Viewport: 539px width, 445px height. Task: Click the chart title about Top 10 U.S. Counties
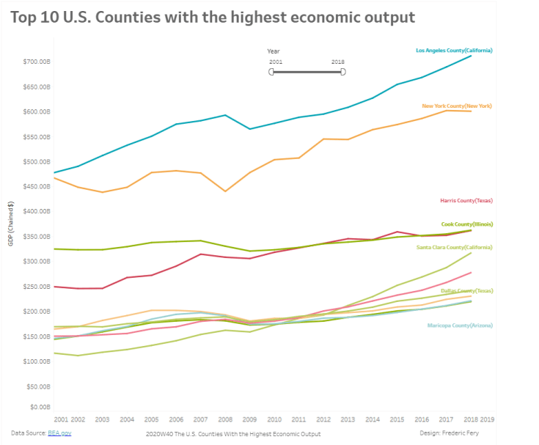click(213, 17)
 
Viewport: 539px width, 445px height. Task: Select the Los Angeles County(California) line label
click(454, 51)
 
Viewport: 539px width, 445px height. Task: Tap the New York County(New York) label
click(457, 106)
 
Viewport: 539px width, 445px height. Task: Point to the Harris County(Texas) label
click(466, 200)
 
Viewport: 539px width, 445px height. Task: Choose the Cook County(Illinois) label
click(466, 224)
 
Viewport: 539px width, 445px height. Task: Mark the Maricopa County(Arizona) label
click(460, 326)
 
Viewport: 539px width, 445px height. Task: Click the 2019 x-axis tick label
click(487, 420)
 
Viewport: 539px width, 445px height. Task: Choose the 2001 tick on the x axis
click(61, 420)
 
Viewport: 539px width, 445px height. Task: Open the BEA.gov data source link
click(61, 433)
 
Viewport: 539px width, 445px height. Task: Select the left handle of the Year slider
click(271, 72)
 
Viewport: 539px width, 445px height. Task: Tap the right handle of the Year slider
click(343, 72)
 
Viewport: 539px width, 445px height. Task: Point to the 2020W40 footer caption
click(233, 434)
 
